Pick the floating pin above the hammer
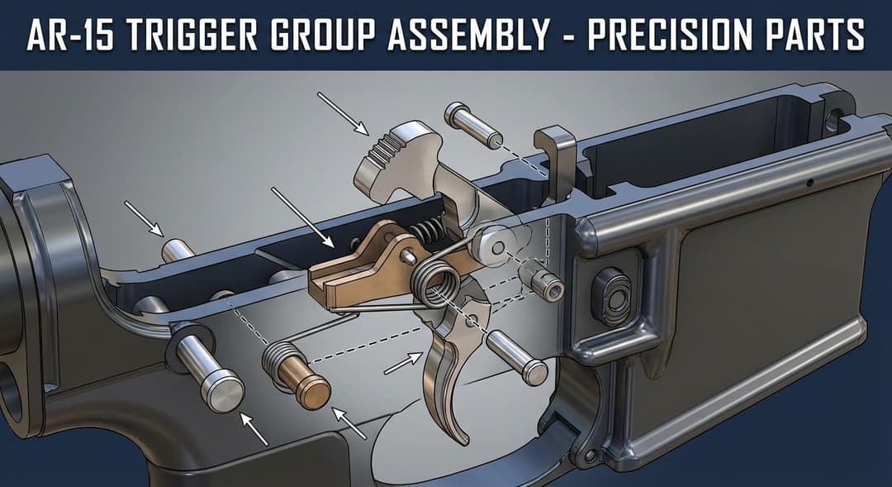coord(473,125)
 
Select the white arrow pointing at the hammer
coord(343,113)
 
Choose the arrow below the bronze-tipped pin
coord(350,423)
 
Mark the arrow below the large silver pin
coord(254,428)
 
